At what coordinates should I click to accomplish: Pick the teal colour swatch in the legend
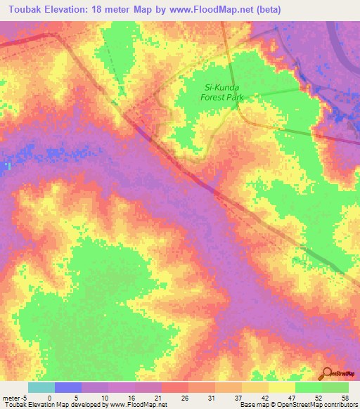pyautogui.click(x=41, y=387)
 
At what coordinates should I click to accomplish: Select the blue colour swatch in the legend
pyautogui.click(x=68, y=387)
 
